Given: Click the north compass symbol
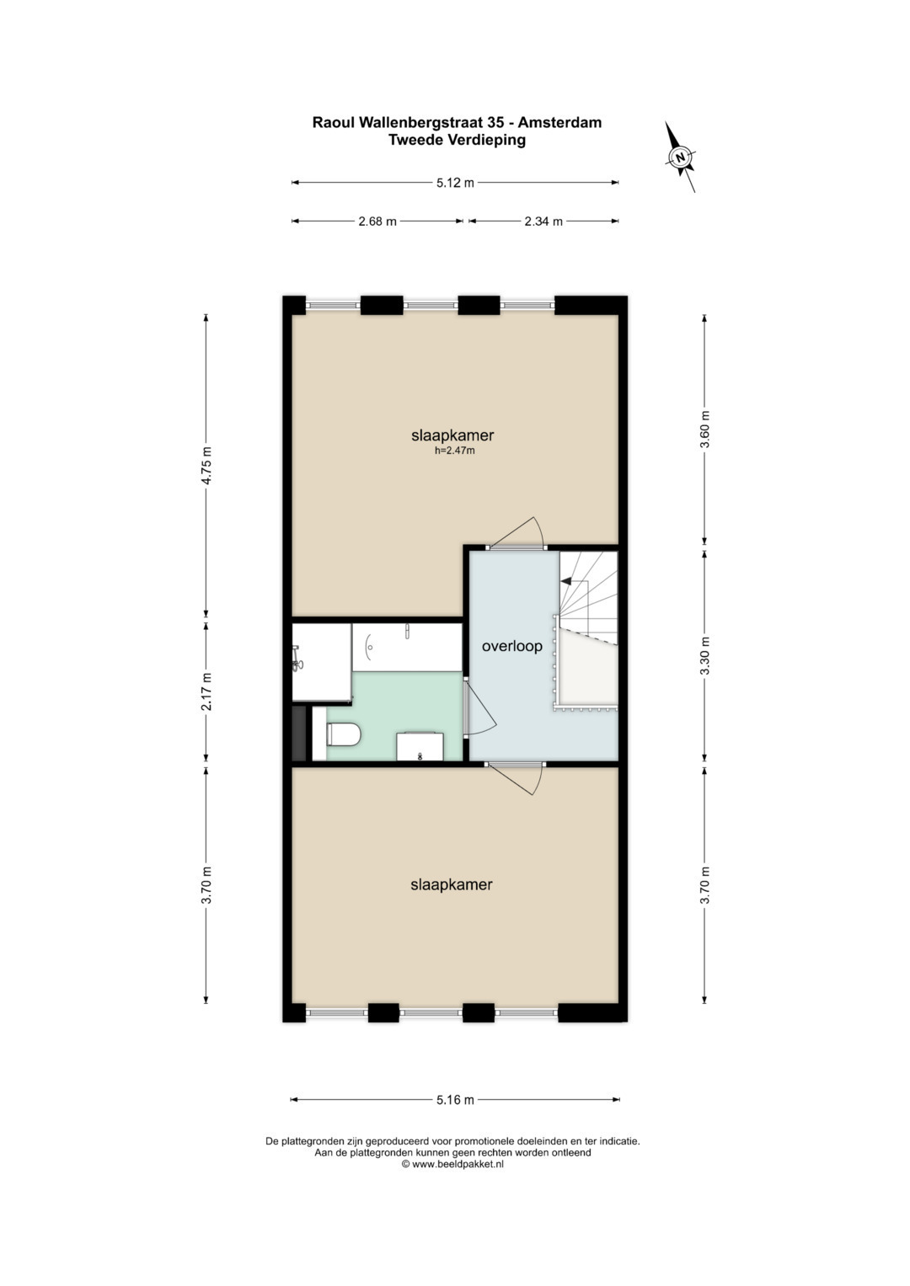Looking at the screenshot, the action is pyautogui.click(x=680, y=157).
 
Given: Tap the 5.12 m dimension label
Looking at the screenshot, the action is pyautogui.click(x=455, y=183).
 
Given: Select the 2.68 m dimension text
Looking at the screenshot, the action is pyautogui.click(x=377, y=221).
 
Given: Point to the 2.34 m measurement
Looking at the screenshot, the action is pyautogui.click(x=543, y=221).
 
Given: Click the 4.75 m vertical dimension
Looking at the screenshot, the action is pyautogui.click(x=206, y=465).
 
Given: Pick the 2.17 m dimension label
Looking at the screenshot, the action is pyautogui.click(x=206, y=691).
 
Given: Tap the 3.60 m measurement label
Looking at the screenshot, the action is pyautogui.click(x=705, y=430).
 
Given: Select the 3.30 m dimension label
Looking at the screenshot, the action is pyautogui.click(x=705, y=655).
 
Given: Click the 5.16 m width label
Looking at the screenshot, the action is pyautogui.click(x=455, y=1100).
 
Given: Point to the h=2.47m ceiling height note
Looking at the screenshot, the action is pyautogui.click(x=454, y=451).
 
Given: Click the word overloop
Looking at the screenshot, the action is pyautogui.click(x=512, y=647).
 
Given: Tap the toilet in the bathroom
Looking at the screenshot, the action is pyautogui.click(x=342, y=734).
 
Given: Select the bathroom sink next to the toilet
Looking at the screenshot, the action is pyautogui.click(x=420, y=746).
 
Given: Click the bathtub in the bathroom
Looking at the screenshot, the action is pyautogui.click(x=407, y=647).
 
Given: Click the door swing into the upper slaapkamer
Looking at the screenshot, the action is pyautogui.click(x=517, y=532).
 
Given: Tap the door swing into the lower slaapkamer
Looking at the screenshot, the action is pyautogui.click(x=517, y=778).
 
